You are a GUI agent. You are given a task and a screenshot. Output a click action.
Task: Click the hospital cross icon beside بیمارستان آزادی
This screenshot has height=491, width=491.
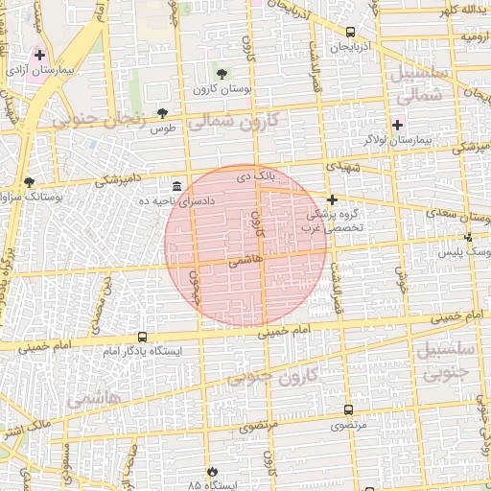click(39, 55)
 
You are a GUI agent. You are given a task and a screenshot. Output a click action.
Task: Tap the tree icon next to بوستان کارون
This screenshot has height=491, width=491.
click(222, 74)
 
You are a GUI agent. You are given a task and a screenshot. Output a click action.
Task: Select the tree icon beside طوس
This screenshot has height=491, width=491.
click(162, 113)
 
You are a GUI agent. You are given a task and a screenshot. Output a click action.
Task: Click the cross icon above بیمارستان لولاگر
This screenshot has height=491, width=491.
click(397, 125)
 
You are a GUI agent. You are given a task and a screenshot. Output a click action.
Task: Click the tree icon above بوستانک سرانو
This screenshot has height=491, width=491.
click(30, 180)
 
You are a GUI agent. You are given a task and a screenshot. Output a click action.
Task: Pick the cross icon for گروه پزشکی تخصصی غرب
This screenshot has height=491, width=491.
click(332, 199)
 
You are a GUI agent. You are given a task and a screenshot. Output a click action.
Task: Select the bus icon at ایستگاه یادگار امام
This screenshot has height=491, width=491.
click(142, 337)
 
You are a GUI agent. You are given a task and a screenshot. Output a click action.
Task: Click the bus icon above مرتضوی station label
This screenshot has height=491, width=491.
click(347, 409)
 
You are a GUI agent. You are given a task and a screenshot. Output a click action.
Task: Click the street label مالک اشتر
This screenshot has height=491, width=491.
click(28, 423)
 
